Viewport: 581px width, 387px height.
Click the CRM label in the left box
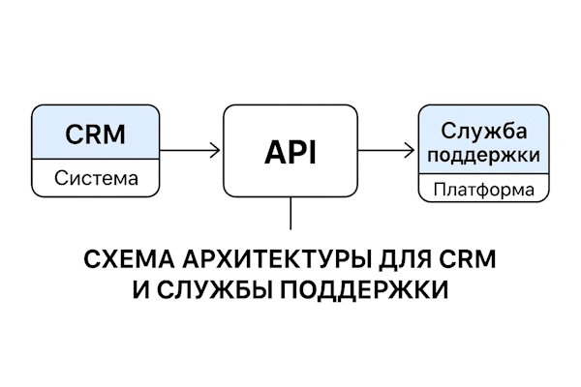(x=95, y=134)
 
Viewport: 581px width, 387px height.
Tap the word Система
(x=95, y=179)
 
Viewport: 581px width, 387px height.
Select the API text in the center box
(x=290, y=151)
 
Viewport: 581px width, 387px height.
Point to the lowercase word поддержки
(x=476, y=155)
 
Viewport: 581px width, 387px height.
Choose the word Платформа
(x=476, y=189)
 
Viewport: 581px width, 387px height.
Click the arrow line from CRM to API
(x=189, y=150)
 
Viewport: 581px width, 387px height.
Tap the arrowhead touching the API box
(x=216, y=150)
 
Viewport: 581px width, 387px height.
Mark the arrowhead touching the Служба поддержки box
(x=412, y=150)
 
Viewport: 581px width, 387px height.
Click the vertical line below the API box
(x=290, y=213)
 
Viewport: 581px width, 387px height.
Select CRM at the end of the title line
(x=468, y=260)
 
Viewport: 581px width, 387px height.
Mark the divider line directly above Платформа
(x=476, y=174)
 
